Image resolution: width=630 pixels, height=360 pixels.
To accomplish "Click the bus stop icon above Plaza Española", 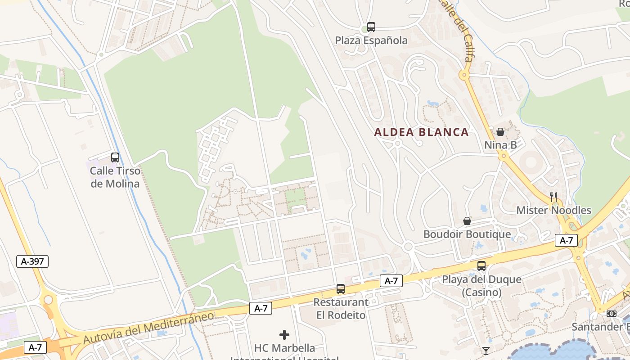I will tap(371, 27).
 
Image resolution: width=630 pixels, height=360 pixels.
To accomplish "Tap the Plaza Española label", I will tap(371, 40).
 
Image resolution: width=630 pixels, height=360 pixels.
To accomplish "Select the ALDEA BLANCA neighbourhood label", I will tap(422, 132).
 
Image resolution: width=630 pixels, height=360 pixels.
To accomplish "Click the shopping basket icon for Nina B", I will tap(500, 132).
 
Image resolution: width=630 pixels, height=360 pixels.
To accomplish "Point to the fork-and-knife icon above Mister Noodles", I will tap(553, 197).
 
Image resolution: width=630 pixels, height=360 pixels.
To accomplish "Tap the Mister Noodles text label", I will tap(553, 210).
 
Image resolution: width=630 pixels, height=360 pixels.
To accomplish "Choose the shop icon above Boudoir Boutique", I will tap(467, 221).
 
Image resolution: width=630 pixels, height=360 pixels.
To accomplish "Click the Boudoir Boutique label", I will tap(467, 234).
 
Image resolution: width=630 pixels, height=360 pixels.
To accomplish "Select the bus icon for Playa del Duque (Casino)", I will tap(481, 266).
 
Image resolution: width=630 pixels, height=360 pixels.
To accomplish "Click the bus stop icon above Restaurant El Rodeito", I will tap(341, 289).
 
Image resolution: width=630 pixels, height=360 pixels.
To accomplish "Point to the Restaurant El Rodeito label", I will tap(341, 308).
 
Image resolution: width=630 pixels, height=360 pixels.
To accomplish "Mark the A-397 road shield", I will tap(32, 261).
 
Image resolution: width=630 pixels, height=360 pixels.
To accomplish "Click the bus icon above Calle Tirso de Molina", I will tap(115, 157).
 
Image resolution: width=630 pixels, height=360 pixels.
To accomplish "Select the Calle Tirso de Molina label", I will tap(115, 177).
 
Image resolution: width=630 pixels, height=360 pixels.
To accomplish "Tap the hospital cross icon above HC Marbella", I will tap(284, 335).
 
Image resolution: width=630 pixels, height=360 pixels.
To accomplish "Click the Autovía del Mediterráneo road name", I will tap(148, 328).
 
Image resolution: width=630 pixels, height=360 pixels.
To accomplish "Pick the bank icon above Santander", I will tap(611, 314).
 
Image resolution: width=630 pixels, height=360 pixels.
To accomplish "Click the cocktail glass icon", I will tap(486, 351).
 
